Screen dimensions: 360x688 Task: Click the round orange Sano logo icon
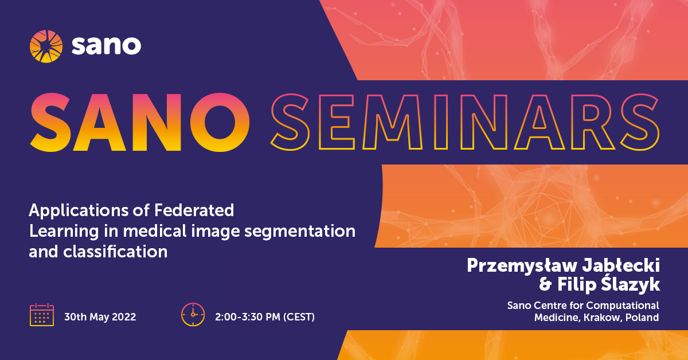46,46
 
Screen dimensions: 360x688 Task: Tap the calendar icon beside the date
41,315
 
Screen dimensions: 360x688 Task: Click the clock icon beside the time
193,315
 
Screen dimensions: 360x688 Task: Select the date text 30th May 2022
100,316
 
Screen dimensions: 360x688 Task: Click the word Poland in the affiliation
642,317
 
